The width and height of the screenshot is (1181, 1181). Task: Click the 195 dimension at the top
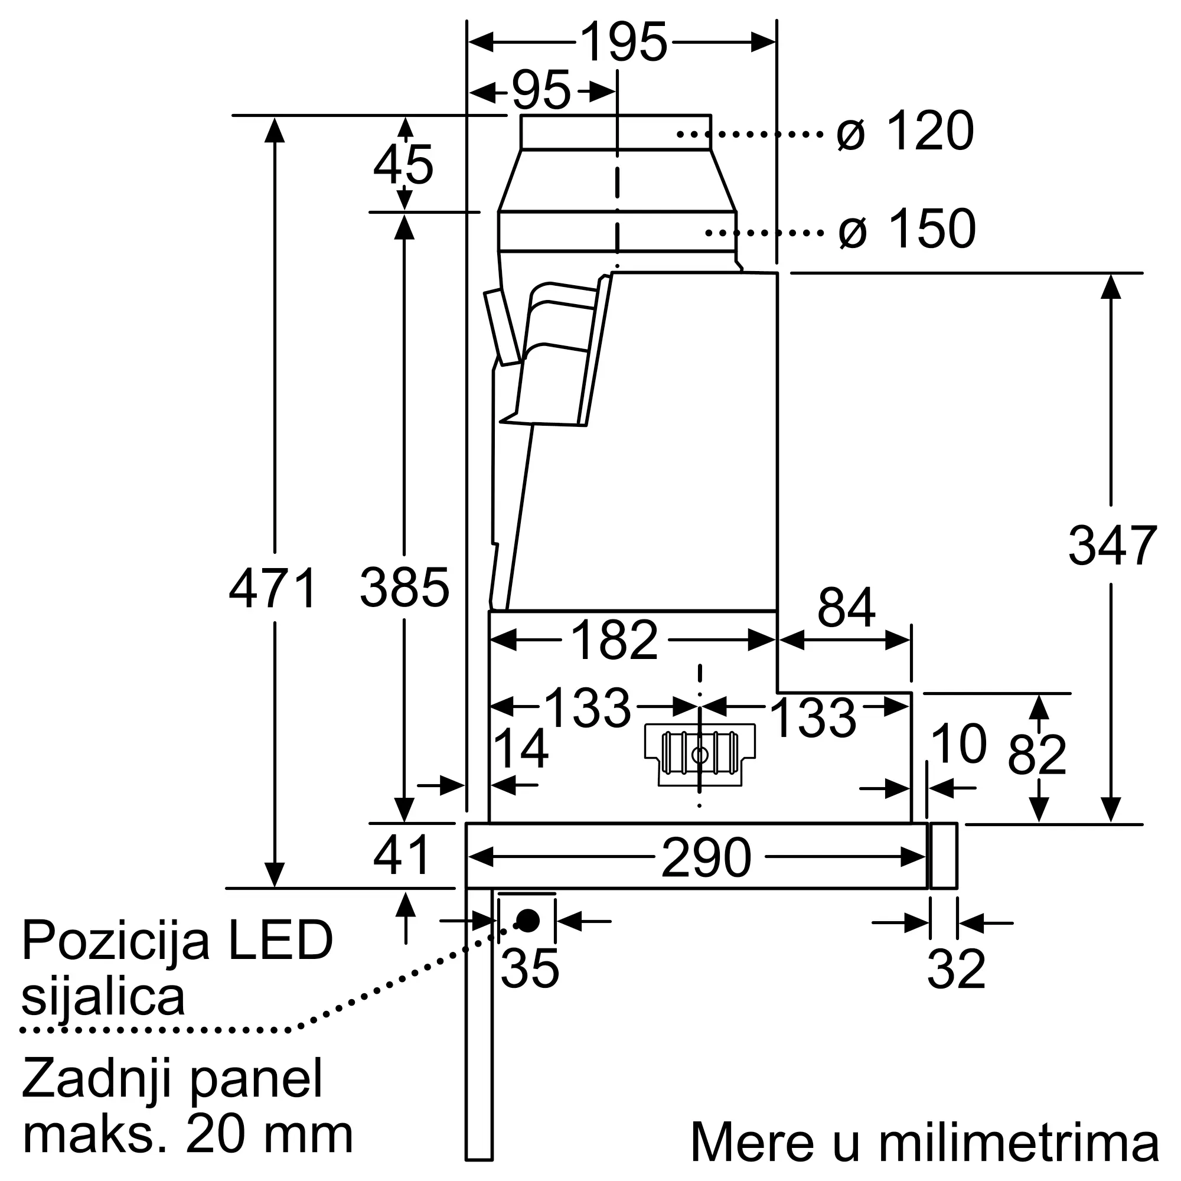click(623, 42)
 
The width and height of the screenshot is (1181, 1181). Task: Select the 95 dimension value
click(541, 91)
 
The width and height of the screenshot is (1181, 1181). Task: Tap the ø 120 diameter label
click(905, 131)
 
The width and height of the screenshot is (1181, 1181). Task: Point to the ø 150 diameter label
click(907, 229)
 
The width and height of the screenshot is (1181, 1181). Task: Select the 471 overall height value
click(273, 588)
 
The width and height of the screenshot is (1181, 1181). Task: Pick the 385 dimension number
click(404, 588)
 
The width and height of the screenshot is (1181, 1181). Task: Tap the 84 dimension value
click(847, 608)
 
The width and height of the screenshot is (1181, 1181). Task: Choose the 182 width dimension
click(614, 640)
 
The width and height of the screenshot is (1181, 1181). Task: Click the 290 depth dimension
click(706, 857)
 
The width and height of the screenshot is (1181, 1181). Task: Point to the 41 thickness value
click(402, 855)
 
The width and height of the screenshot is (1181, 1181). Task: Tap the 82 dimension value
click(1038, 754)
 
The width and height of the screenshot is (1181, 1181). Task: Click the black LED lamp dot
click(527, 920)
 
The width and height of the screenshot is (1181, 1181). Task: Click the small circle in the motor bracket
click(699, 755)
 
